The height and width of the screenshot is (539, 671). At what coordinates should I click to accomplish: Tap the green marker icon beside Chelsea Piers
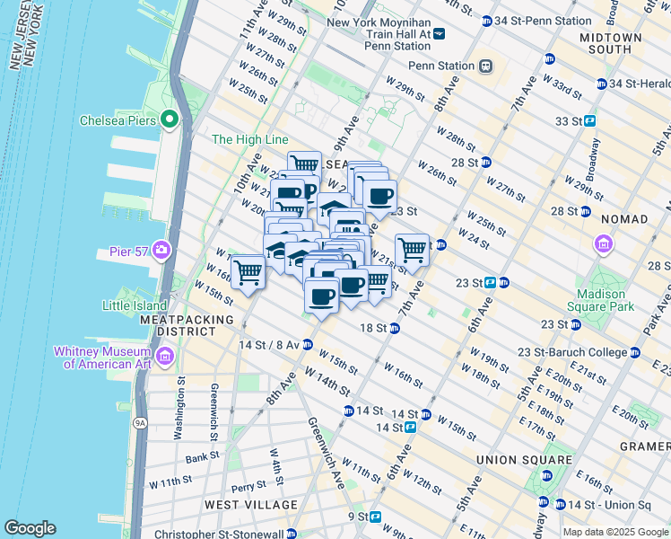click(x=169, y=120)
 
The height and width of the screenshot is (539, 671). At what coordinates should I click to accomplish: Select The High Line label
click(x=249, y=139)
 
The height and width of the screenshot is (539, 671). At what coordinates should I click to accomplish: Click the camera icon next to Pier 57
click(x=161, y=249)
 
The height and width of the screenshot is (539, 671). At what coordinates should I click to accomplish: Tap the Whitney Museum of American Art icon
click(x=164, y=358)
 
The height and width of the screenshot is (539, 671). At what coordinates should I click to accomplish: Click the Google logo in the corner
click(x=30, y=528)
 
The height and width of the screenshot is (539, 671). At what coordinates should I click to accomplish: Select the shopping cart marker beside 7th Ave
click(x=412, y=249)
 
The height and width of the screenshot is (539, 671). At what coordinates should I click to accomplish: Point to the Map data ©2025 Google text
click(x=615, y=532)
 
